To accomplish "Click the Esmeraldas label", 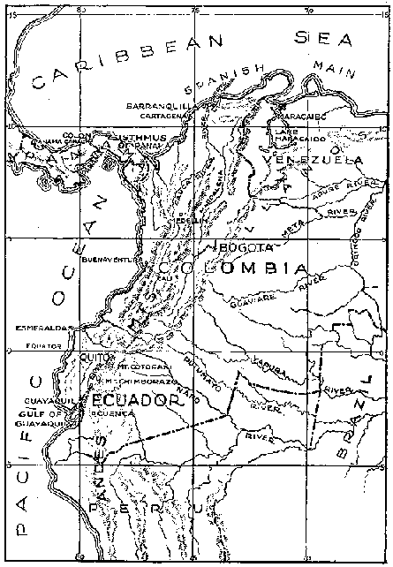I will coord(37,327).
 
